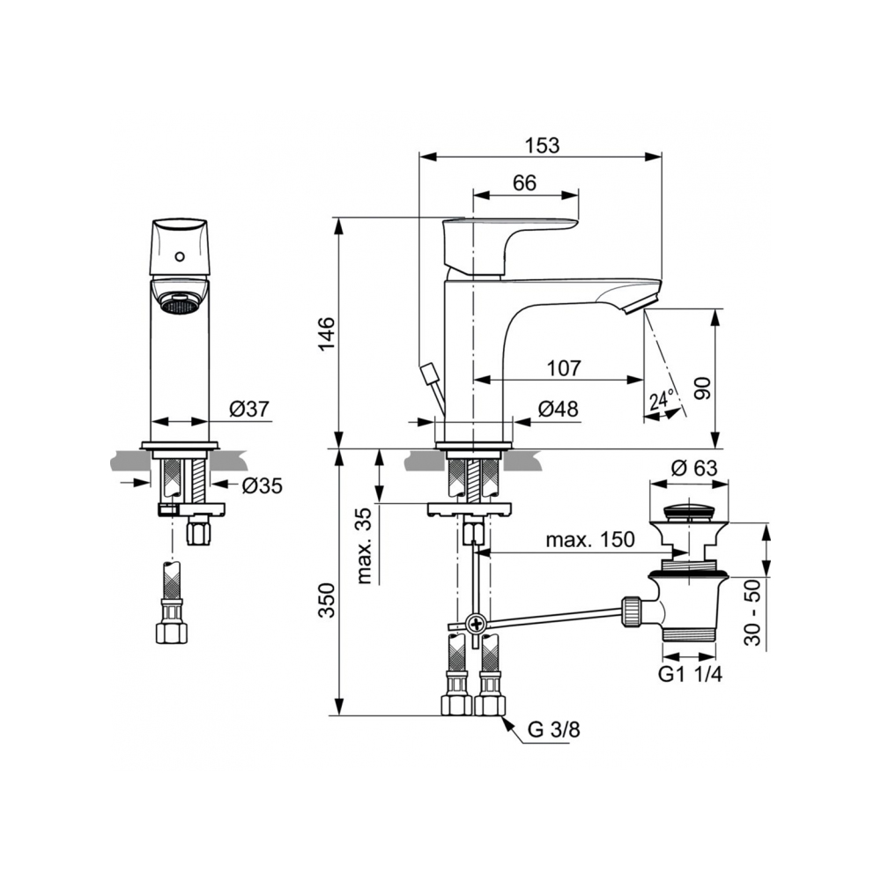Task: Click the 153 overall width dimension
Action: click(542, 145)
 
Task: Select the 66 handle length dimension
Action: click(525, 183)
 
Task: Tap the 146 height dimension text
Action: click(327, 333)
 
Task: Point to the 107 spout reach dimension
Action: click(564, 368)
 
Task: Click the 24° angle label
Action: click(662, 400)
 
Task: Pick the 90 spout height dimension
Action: click(702, 389)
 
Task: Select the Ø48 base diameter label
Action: click(558, 409)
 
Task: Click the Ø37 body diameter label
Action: click(249, 409)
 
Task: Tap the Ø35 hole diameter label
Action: click(262, 485)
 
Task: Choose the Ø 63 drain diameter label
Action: click(694, 468)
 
